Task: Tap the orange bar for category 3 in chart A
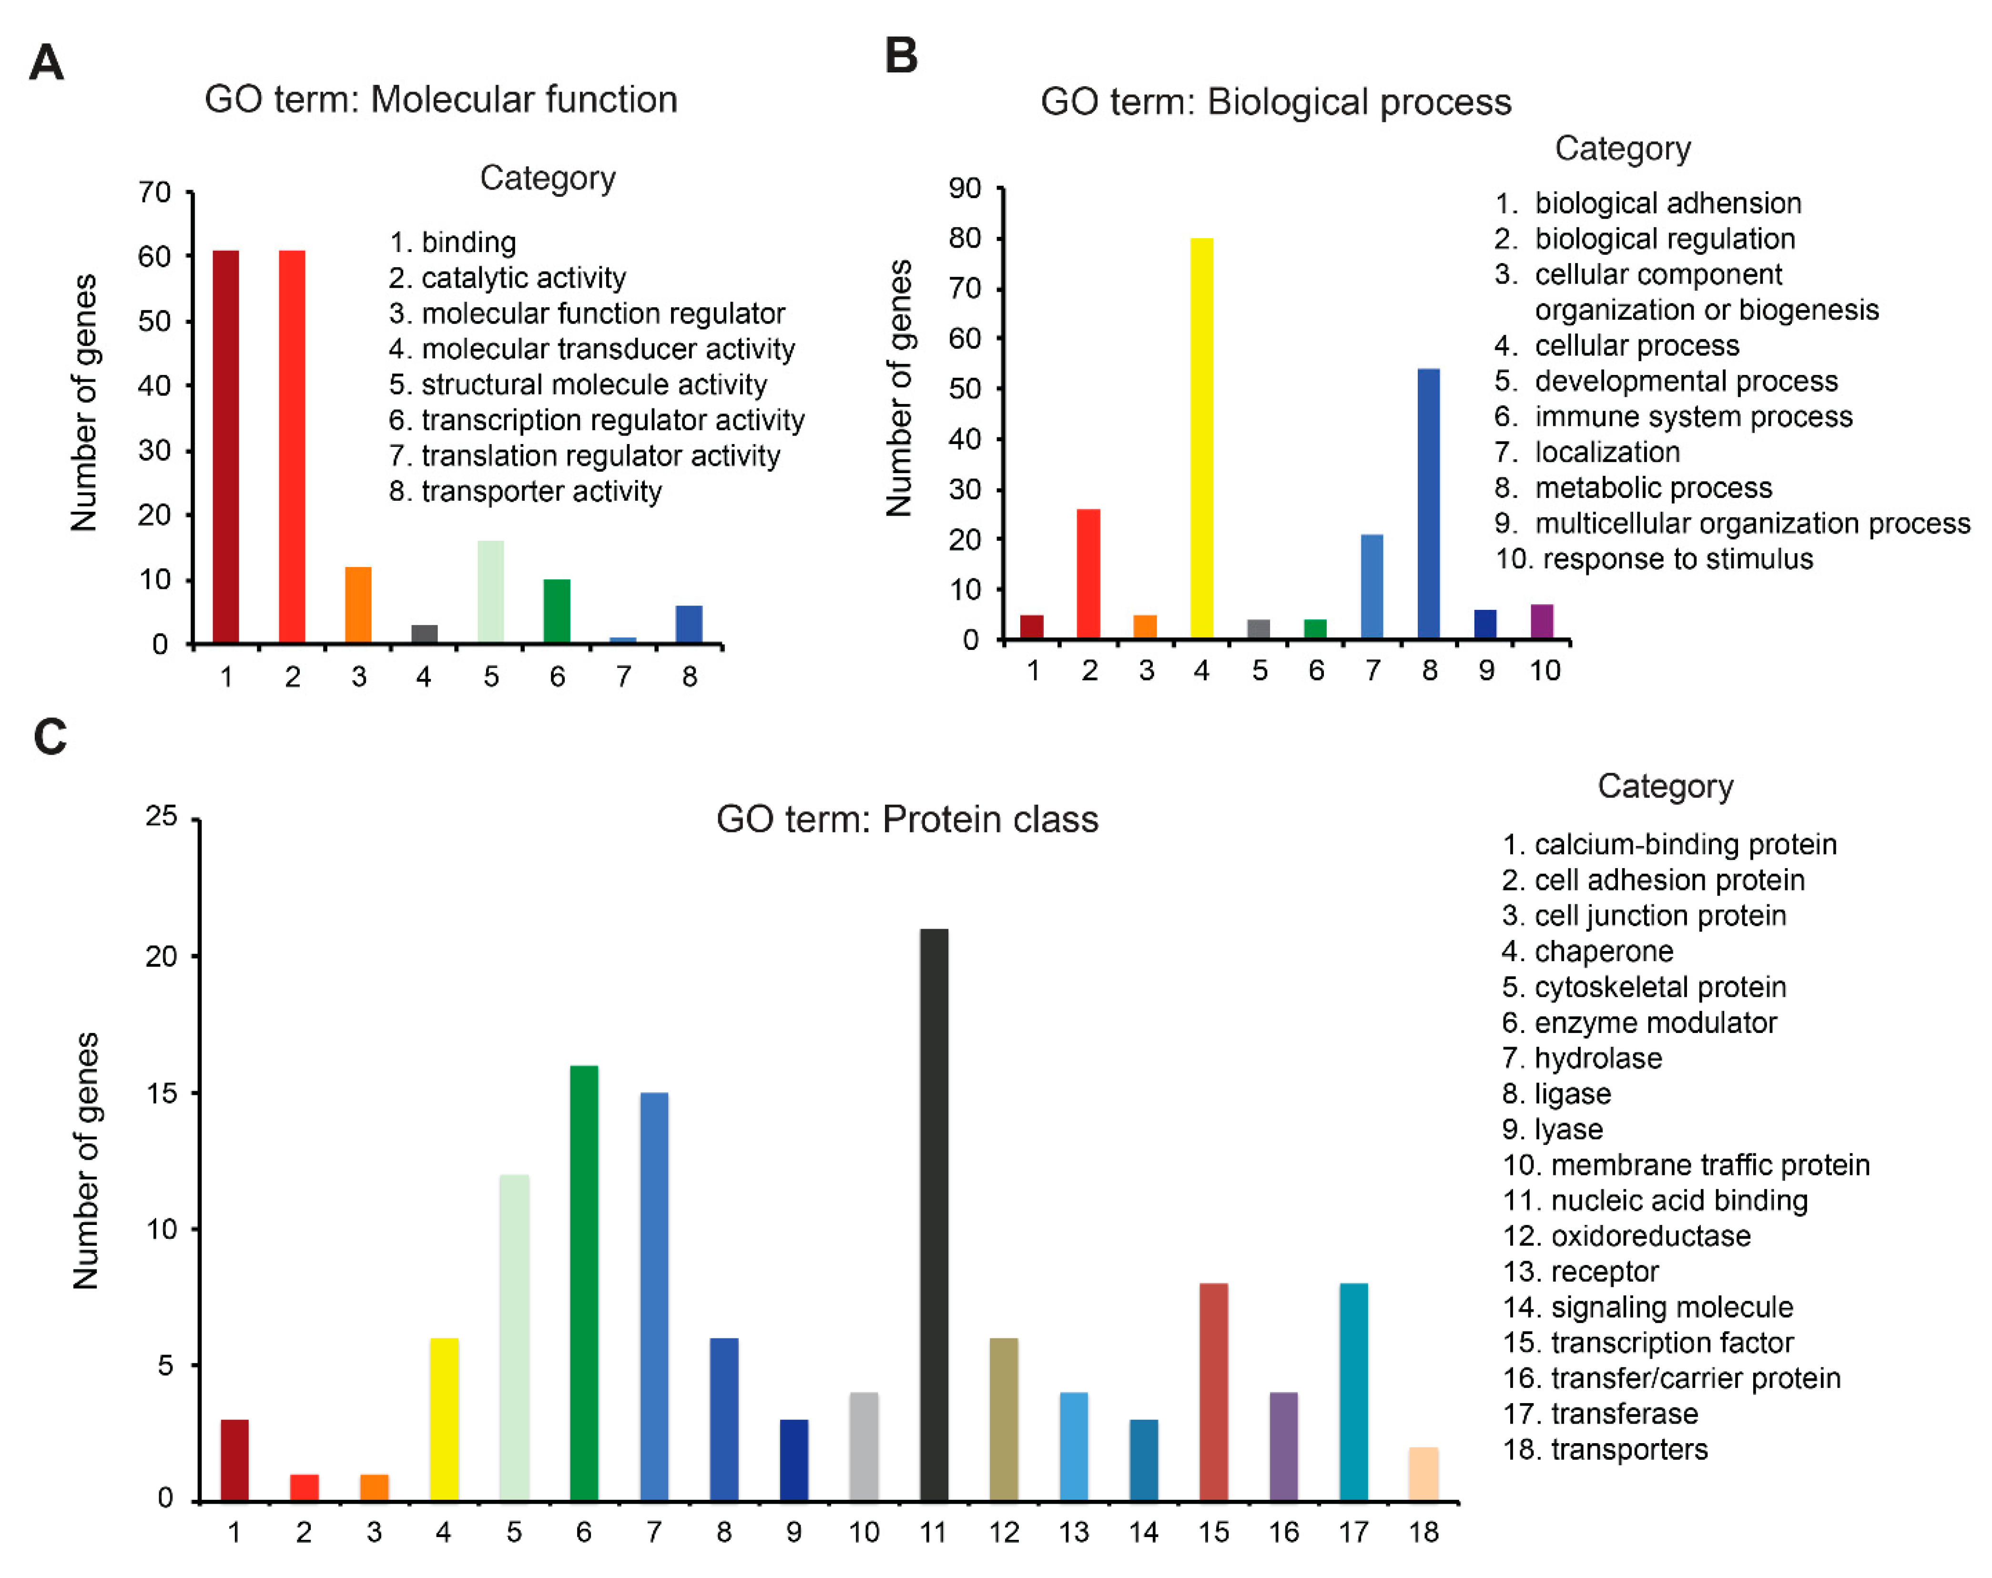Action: point(358,605)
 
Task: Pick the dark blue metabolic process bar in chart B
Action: point(1428,504)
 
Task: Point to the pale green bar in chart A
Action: point(490,591)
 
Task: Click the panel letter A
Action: point(46,63)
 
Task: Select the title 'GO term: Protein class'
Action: point(907,819)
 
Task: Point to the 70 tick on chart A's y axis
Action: point(154,192)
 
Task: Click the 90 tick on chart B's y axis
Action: point(965,189)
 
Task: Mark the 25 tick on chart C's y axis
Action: point(161,816)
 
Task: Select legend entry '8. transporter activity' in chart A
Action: point(525,492)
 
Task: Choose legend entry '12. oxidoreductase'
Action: point(1626,1236)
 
